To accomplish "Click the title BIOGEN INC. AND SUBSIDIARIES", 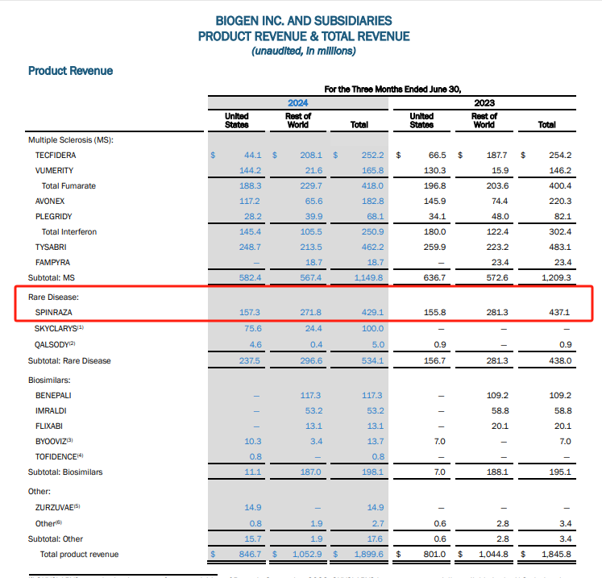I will click(x=304, y=20).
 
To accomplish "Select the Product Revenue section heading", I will click(x=70, y=71).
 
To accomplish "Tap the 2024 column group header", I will click(x=297, y=103).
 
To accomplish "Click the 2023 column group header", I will click(x=484, y=103).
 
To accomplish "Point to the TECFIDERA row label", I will click(x=56, y=156).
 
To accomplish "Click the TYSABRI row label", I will click(x=52, y=247).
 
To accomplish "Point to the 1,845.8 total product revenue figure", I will click(x=554, y=555).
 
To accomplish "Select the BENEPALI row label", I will click(x=54, y=396).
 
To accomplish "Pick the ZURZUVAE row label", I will click(x=56, y=507).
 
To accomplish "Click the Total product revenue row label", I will click(x=79, y=555).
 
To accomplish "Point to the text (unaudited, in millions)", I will click(x=304, y=52).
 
